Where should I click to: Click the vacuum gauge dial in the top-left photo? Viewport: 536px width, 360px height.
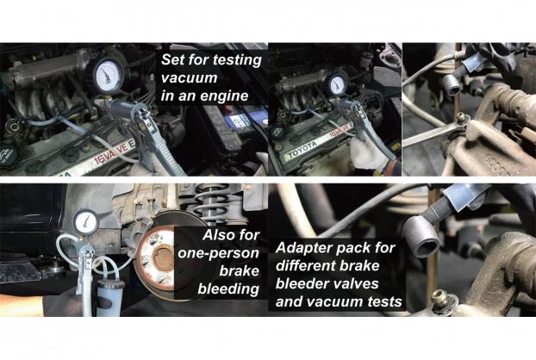click(x=107, y=76)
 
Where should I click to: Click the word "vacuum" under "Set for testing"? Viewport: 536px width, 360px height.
click(x=189, y=78)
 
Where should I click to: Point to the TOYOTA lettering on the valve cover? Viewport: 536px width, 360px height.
click(x=302, y=149)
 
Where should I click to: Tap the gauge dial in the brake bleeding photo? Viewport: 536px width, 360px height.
click(x=85, y=221)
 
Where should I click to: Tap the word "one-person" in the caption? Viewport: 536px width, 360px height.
click(x=218, y=253)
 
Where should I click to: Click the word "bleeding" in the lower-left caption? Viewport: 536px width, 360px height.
click(x=228, y=289)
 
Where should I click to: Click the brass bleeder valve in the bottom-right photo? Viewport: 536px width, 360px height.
click(x=442, y=298)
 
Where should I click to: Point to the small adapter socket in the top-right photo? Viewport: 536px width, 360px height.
click(x=452, y=84)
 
